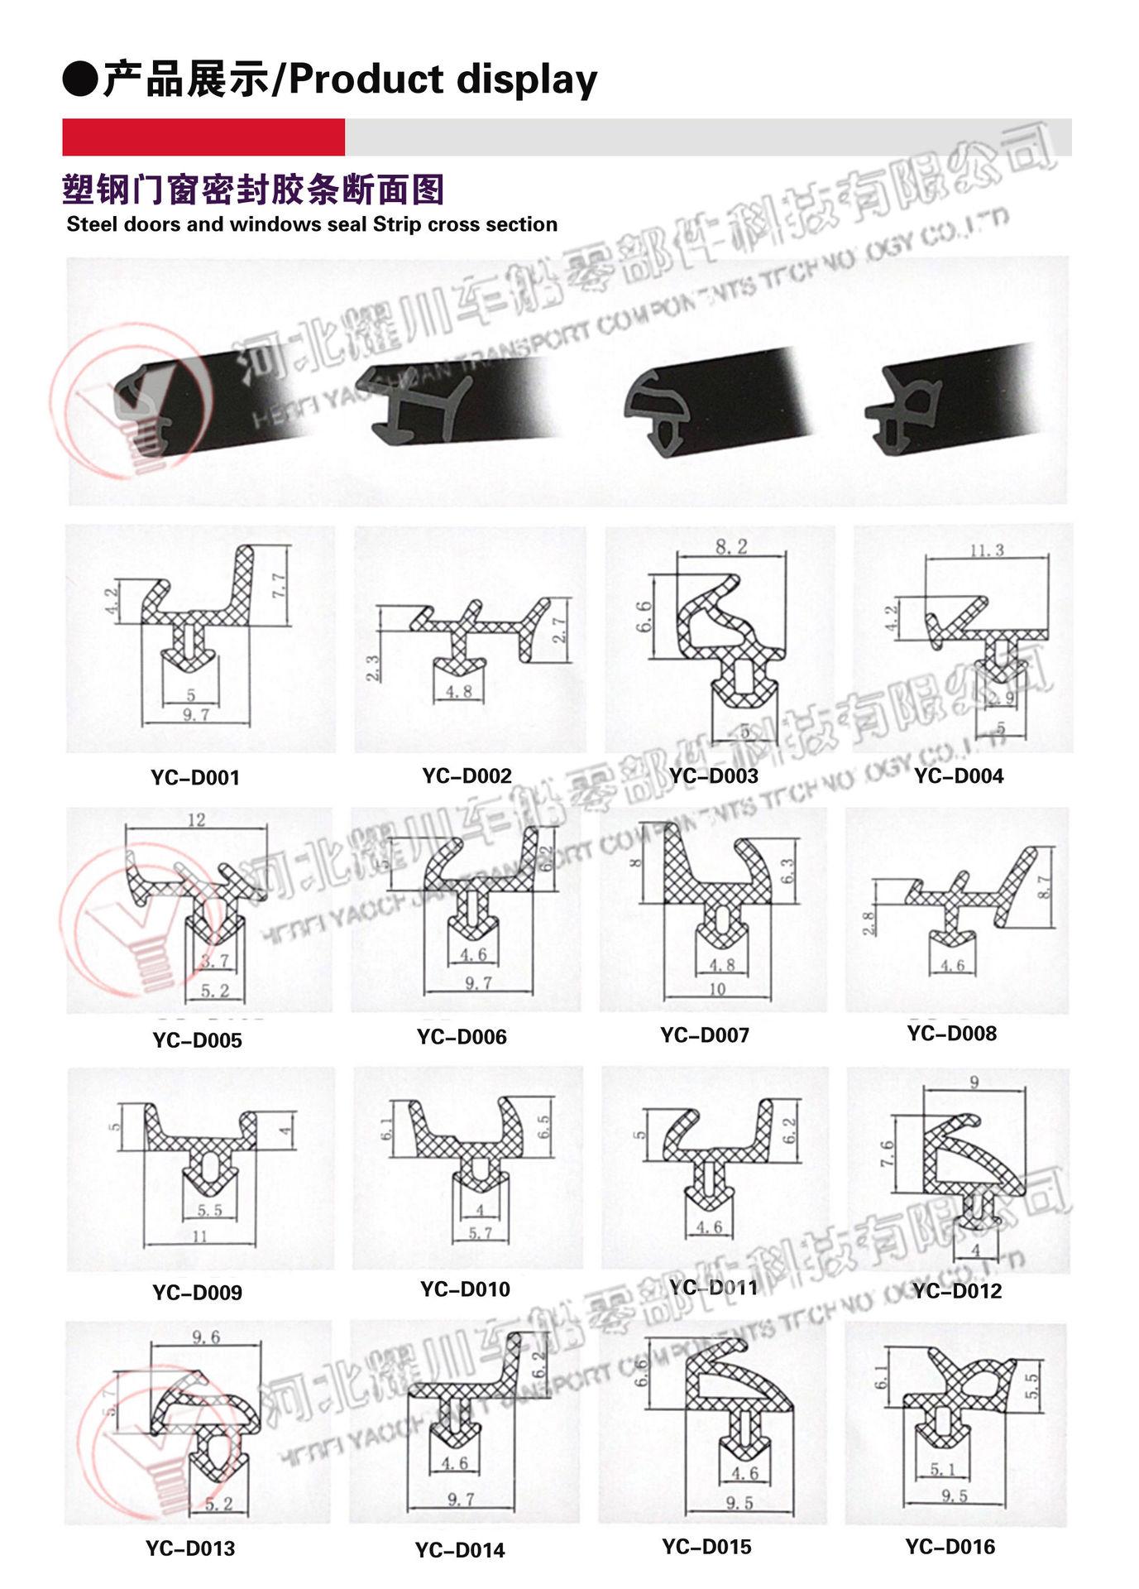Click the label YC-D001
(195, 777)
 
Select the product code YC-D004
(959, 775)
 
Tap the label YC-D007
(705, 1035)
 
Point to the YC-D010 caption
(465, 1289)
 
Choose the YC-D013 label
(190, 1548)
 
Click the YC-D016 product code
(950, 1546)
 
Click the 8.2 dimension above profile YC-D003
(731, 546)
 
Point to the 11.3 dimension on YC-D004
(986, 550)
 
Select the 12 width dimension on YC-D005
(196, 819)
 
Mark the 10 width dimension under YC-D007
(716, 988)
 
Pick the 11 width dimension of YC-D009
(199, 1236)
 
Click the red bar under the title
(203, 137)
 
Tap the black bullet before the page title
(80, 80)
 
